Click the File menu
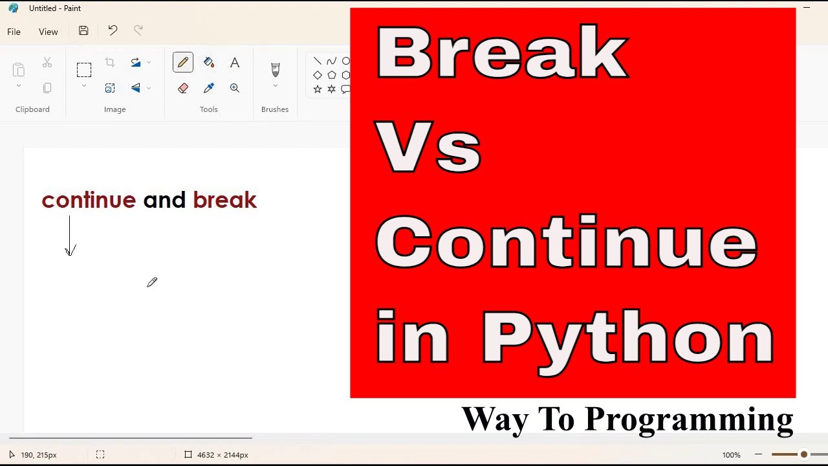click(x=14, y=32)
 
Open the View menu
click(x=48, y=32)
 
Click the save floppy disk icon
click(x=83, y=30)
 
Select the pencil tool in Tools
click(x=183, y=62)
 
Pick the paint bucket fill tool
click(x=209, y=62)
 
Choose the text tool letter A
click(x=235, y=62)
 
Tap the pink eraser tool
click(x=183, y=88)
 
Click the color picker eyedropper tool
click(x=209, y=88)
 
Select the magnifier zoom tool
click(x=235, y=88)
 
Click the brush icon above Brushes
click(x=275, y=69)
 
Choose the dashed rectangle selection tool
click(x=84, y=69)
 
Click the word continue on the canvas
click(x=89, y=200)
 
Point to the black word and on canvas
click(x=164, y=200)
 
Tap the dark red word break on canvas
click(x=225, y=200)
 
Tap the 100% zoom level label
click(x=731, y=455)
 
